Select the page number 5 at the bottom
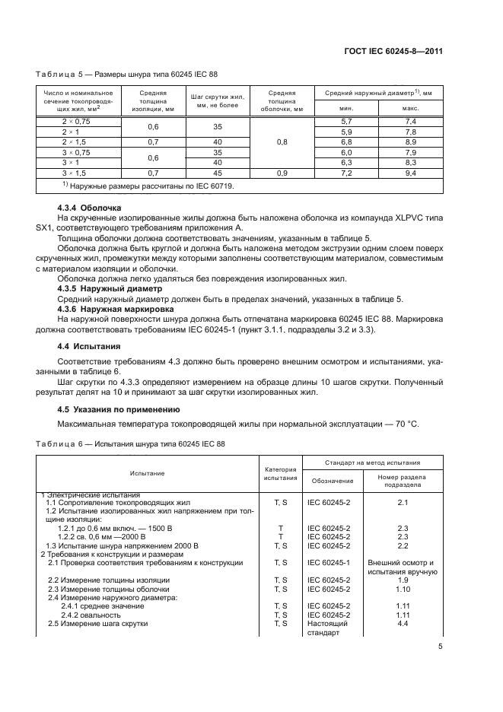click(440, 647)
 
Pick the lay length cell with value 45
click(217, 173)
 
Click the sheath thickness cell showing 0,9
click(282, 173)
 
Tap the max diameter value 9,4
click(411, 173)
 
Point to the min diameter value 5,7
click(345, 122)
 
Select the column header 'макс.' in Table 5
click(411, 109)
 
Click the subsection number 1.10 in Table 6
click(403, 590)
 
